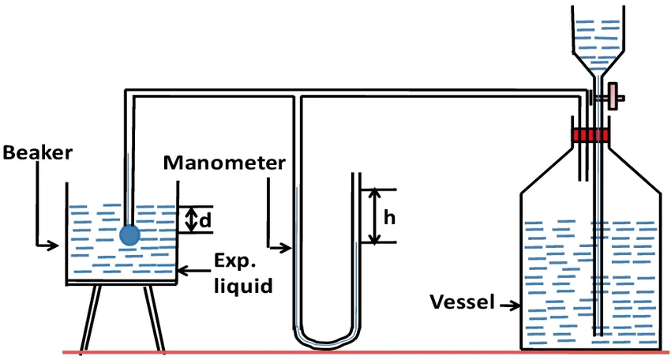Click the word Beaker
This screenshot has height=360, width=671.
[38, 153]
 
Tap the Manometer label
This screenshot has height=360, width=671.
[224, 163]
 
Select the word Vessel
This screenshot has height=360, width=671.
[462, 302]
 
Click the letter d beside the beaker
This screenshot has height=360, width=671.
[205, 220]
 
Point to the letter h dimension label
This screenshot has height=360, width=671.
[389, 217]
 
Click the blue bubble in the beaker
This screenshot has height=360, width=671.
[129, 235]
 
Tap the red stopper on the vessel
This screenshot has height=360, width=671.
[590, 135]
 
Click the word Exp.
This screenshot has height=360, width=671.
[234, 261]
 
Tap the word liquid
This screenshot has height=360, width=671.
[243, 286]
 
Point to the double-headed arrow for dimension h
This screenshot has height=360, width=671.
[375, 216]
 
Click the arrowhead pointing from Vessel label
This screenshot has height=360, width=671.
[515, 306]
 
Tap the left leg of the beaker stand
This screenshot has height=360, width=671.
[91, 317]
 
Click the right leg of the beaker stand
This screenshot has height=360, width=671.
[154, 317]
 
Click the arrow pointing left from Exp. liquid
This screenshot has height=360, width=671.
[194, 271]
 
